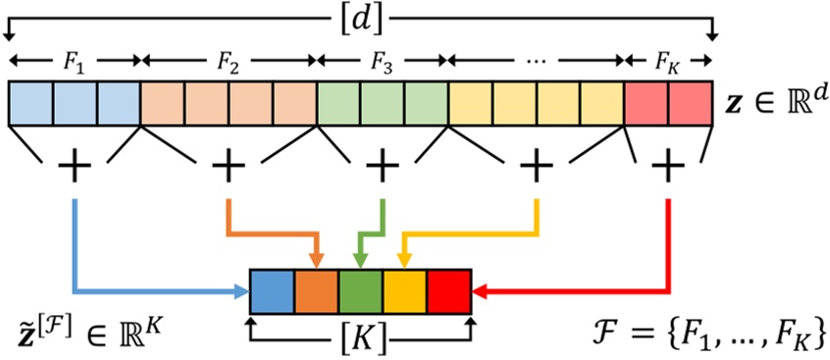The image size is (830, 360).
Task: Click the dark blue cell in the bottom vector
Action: point(273,290)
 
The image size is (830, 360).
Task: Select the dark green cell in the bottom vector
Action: point(361,290)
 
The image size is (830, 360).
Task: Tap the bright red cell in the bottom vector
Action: point(449,290)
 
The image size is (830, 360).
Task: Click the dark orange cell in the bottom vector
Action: point(317,290)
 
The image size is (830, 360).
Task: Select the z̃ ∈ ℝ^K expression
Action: point(83,323)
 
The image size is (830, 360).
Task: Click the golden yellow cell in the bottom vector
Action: point(405,290)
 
